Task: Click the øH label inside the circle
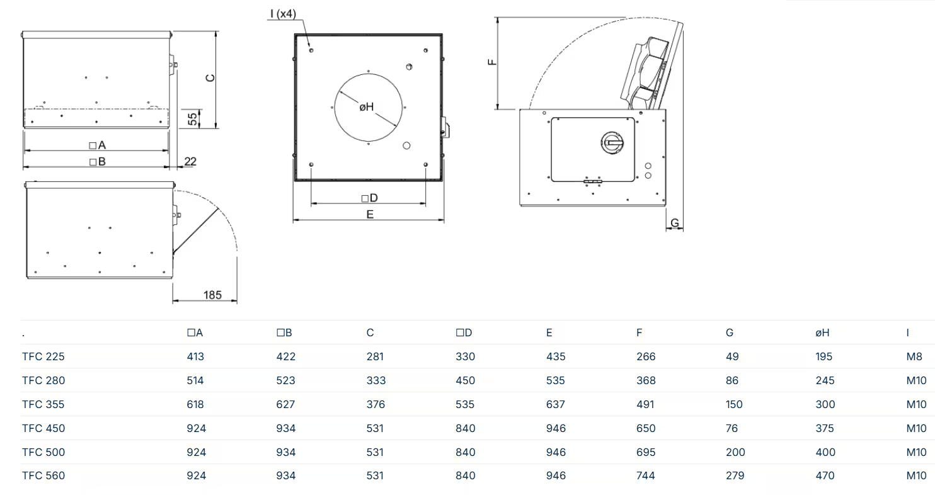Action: coord(367,107)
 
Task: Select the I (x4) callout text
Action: coord(283,14)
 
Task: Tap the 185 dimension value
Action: coord(212,295)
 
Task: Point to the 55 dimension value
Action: coord(192,119)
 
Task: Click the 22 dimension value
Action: coord(190,161)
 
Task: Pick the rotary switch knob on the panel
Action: coord(612,143)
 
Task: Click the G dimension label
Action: coord(675,224)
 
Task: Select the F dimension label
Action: coord(493,62)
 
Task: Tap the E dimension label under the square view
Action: coord(370,215)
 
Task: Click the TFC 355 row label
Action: coord(43,404)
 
